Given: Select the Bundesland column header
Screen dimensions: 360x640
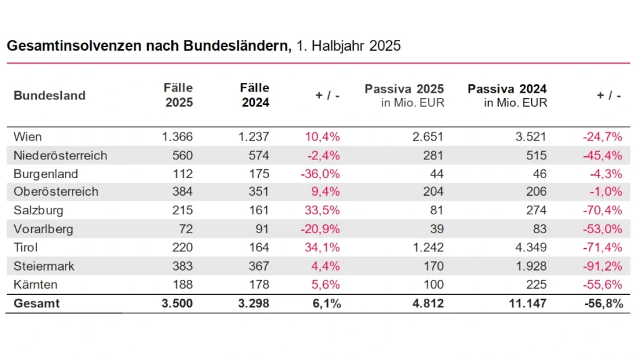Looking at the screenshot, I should tap(49, 96).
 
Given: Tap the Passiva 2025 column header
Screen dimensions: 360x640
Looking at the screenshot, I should tap(404, 89).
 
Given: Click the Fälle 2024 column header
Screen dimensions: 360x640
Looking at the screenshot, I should tap(254, 96).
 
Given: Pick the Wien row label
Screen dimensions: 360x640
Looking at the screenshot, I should tap(27, 137).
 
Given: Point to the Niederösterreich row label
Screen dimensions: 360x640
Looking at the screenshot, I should tap(60, 156).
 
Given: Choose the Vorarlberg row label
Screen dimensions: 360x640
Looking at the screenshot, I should tap(43, 229).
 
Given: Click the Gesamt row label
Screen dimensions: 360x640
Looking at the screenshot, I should tap(37, 304).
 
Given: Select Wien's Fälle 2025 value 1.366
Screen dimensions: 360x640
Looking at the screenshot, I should tap(177, 137).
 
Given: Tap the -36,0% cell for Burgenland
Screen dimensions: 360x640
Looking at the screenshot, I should tap(320, 174).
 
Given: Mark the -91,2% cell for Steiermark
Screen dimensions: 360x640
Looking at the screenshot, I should tap(602, 266).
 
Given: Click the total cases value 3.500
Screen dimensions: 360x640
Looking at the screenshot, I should tap(176, 304).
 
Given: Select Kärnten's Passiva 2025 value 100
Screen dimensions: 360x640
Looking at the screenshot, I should tap(433, 285).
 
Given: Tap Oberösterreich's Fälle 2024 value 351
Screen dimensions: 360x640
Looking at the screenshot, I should tap(258, 192).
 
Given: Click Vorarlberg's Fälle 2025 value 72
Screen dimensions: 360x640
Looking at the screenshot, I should tap(186, 229).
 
